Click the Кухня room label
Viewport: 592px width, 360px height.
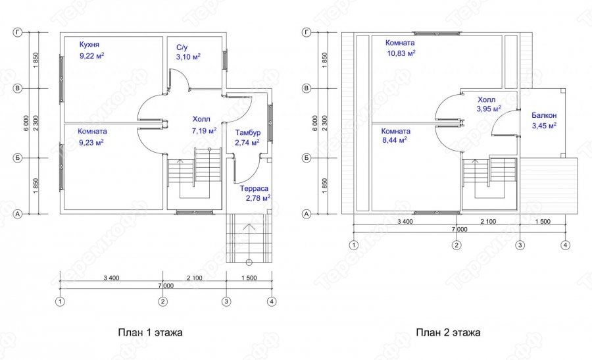[89, 45]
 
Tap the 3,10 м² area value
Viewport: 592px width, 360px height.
[188, 57]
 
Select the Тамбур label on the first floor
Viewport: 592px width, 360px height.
[248, 132]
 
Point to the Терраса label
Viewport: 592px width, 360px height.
[254, 188]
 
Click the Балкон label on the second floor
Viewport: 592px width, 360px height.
[544, 115]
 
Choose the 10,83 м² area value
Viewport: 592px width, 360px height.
[401, 53]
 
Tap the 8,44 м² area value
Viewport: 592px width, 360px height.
[395, 140]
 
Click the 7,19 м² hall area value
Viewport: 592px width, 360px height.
[205, 131]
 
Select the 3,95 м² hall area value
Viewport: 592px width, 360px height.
[489, 109]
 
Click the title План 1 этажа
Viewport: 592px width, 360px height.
[150, 332]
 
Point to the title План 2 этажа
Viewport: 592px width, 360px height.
[448, 332]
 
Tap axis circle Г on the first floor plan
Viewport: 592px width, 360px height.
[18, 32]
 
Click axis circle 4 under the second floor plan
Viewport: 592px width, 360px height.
[565, 245]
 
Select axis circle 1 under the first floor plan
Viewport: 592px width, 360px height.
[60, 301]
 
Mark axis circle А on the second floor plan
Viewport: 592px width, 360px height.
[306, 214]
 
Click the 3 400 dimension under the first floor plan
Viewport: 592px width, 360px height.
[111, 278]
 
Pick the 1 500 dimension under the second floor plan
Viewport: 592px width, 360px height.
[543, 222]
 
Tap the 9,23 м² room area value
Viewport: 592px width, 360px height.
[91, 142]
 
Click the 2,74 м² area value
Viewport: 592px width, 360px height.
[247, 142]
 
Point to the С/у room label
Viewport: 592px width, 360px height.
[182, 47]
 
